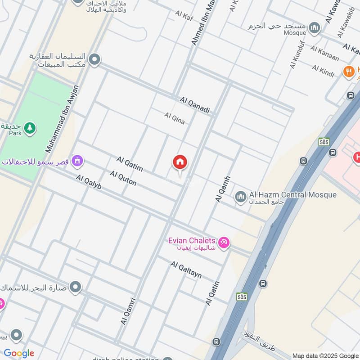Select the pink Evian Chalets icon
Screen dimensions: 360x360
tap(224, 243)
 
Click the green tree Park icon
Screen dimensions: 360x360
tap(30, 128)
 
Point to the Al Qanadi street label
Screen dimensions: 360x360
tap(195, 104)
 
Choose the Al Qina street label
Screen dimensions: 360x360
tap(175, 118)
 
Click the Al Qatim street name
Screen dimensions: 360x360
tap(130, 164)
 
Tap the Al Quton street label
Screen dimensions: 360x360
tap(123, 179)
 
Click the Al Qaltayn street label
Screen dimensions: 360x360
tap(186, 270)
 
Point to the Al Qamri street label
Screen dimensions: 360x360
tap(128, 311)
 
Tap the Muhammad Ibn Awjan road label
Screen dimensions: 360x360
tap(62, 119)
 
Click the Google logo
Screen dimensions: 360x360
tap(19, 353)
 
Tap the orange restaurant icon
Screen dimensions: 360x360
tap(347, 71)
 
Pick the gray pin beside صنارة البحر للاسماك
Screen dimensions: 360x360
tap(75, 287)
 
